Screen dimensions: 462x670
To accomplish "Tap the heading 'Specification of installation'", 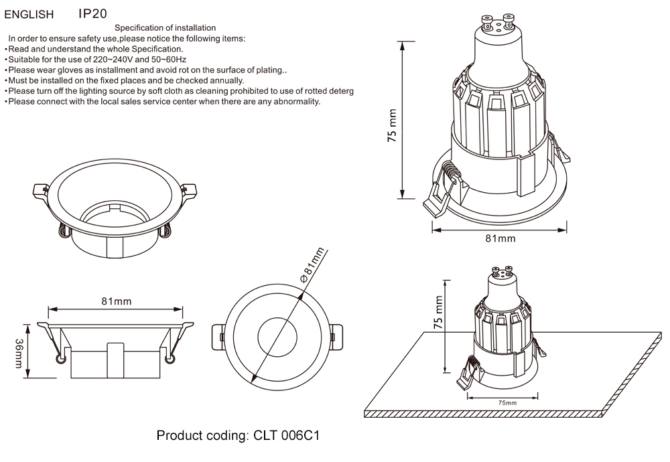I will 165,28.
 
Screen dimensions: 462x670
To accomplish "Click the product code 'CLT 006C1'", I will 286,437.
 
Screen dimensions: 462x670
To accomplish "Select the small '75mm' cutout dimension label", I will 507,403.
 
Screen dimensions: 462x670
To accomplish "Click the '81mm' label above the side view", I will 116,301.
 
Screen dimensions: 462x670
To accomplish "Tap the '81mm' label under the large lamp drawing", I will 500,239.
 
